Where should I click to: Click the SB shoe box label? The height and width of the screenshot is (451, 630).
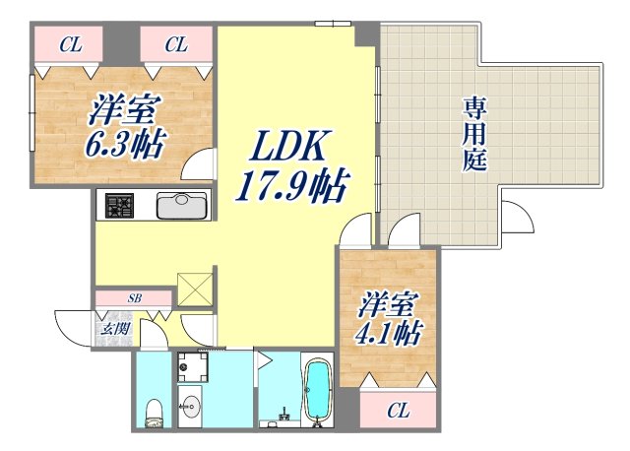point(134,298)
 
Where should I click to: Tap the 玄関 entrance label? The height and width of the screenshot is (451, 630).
point(109,326)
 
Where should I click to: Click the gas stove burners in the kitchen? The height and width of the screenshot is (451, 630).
point(120,207)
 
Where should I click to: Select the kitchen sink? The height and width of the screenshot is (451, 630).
point(180,207)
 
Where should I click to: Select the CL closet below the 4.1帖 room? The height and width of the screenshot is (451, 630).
point(398,410)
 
